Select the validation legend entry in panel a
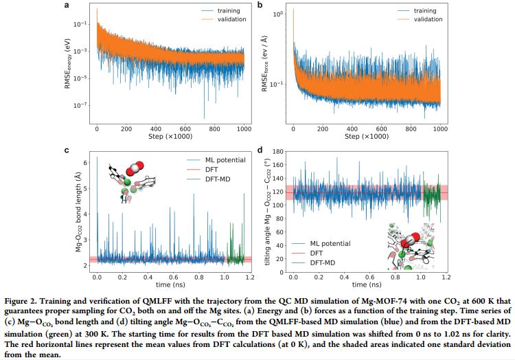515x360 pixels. pos(214,20)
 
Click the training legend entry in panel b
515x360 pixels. pos(412,10)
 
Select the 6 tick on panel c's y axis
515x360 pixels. pos(85,163)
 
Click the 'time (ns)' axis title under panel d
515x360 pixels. pos(368,285)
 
